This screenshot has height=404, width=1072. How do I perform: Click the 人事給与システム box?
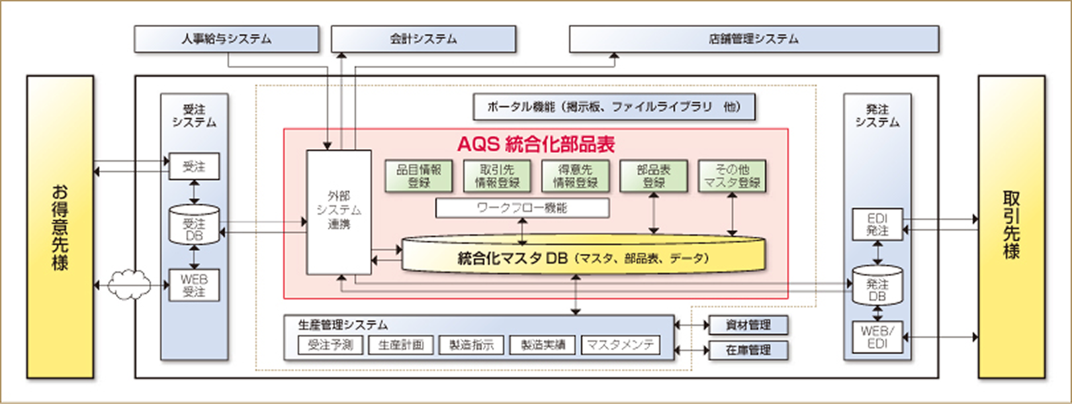click(226, 39)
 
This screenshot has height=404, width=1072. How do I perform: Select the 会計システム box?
click(424, 39)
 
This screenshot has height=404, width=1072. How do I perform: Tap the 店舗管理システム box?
click(754, 39)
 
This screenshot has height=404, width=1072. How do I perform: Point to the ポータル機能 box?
click(614, 107)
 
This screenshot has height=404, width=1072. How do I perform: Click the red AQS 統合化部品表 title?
click(536, 144)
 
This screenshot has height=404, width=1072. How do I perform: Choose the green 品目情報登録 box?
click(418, 176)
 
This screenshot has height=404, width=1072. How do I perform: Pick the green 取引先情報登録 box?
click(497, 176)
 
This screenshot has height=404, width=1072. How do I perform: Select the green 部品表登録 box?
click(654, 176)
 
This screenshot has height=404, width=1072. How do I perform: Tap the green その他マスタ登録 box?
click(732, 176)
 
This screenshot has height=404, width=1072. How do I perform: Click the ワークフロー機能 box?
click(522, 208)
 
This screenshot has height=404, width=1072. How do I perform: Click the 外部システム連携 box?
click(338, 211)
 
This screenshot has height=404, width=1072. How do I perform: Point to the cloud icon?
click(129, 285)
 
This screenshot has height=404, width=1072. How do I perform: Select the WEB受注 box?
click(194, 285)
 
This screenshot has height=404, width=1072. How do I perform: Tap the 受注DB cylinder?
click(194, 225)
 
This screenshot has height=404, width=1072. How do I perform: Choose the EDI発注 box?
click(877, 225)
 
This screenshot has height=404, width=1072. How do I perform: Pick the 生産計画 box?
click(401, 345)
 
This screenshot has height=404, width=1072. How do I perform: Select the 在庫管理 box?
click(748, 350)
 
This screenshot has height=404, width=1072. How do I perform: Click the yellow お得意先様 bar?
click(60, 227)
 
